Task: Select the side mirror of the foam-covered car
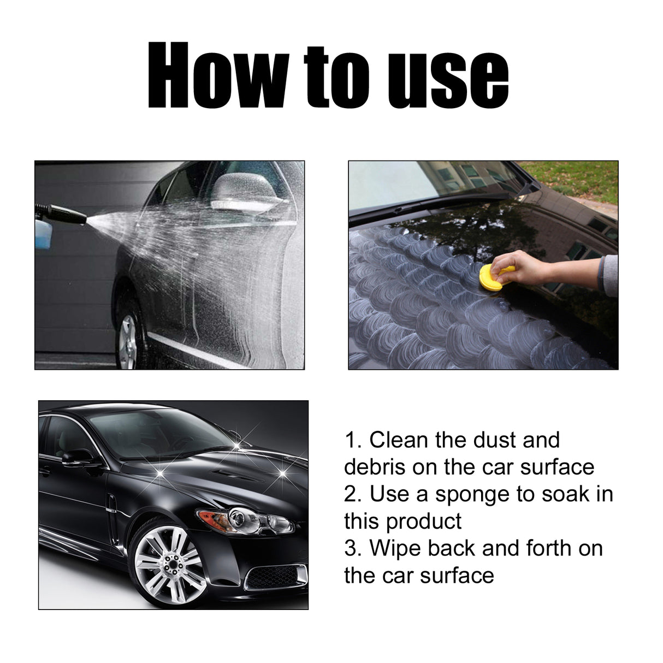coord(240,192)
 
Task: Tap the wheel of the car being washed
coord(128,334)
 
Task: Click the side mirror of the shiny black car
coord(78,457)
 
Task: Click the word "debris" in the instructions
coord(375,467)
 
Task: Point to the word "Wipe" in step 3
coord(395,548)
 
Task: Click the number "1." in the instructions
coord(353,440)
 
